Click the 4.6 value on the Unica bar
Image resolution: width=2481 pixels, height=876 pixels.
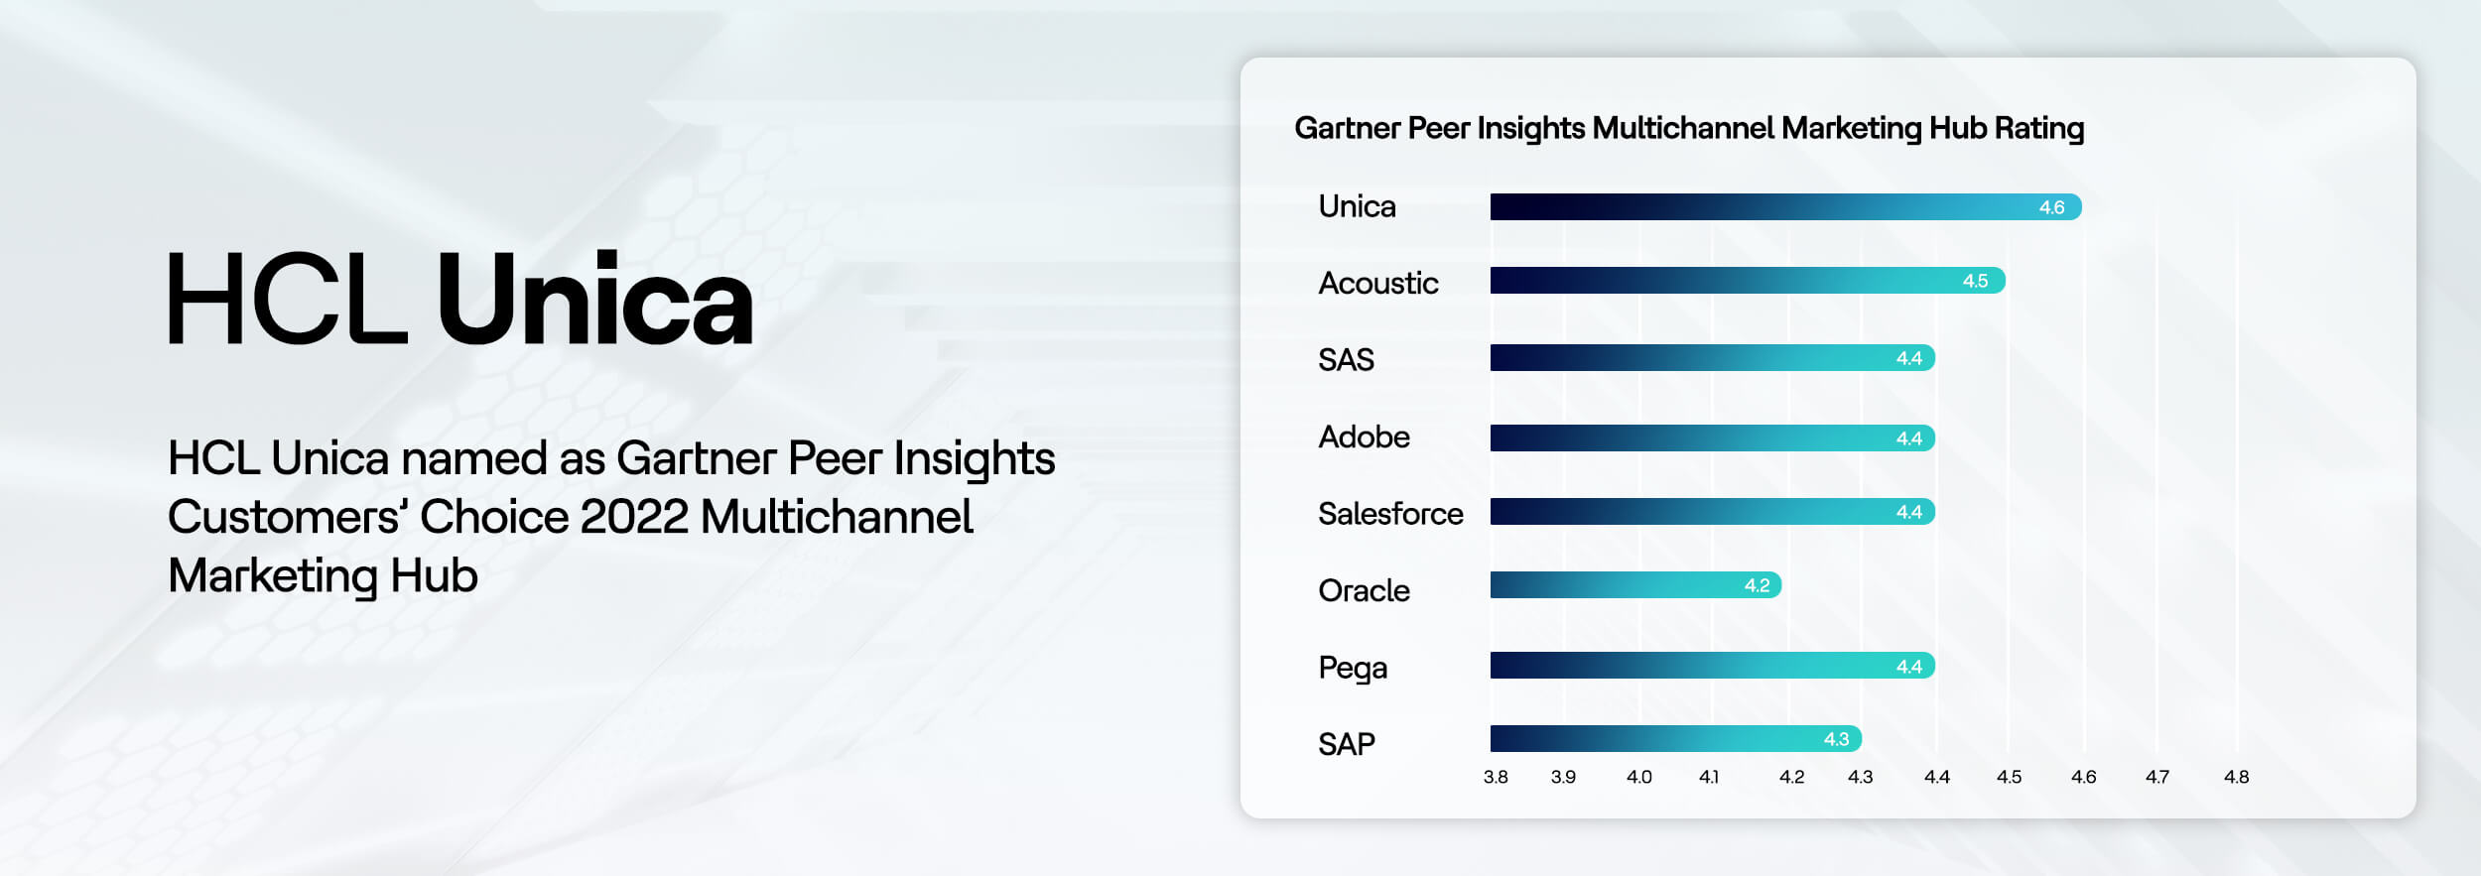[2051, 207]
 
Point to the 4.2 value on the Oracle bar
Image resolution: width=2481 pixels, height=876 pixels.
[1757, 585]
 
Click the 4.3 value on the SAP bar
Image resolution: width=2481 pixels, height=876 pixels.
[1836, 739]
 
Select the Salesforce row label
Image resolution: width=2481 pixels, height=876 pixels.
[1389, 514]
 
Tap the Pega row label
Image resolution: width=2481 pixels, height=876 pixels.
[1352, 668]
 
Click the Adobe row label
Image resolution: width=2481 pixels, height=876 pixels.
[1364, 437]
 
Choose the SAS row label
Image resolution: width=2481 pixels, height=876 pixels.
[1346, 359]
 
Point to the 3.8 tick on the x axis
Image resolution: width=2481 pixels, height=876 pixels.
[1496, 777]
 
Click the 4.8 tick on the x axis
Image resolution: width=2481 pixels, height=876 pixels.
[2236, 777]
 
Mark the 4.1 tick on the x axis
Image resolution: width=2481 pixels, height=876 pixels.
[1708, 777]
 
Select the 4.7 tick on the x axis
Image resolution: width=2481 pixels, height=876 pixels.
[2156, 777]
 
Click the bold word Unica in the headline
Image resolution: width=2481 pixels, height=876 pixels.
[594, 299]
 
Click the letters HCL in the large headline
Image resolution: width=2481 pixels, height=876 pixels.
[287, 299]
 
